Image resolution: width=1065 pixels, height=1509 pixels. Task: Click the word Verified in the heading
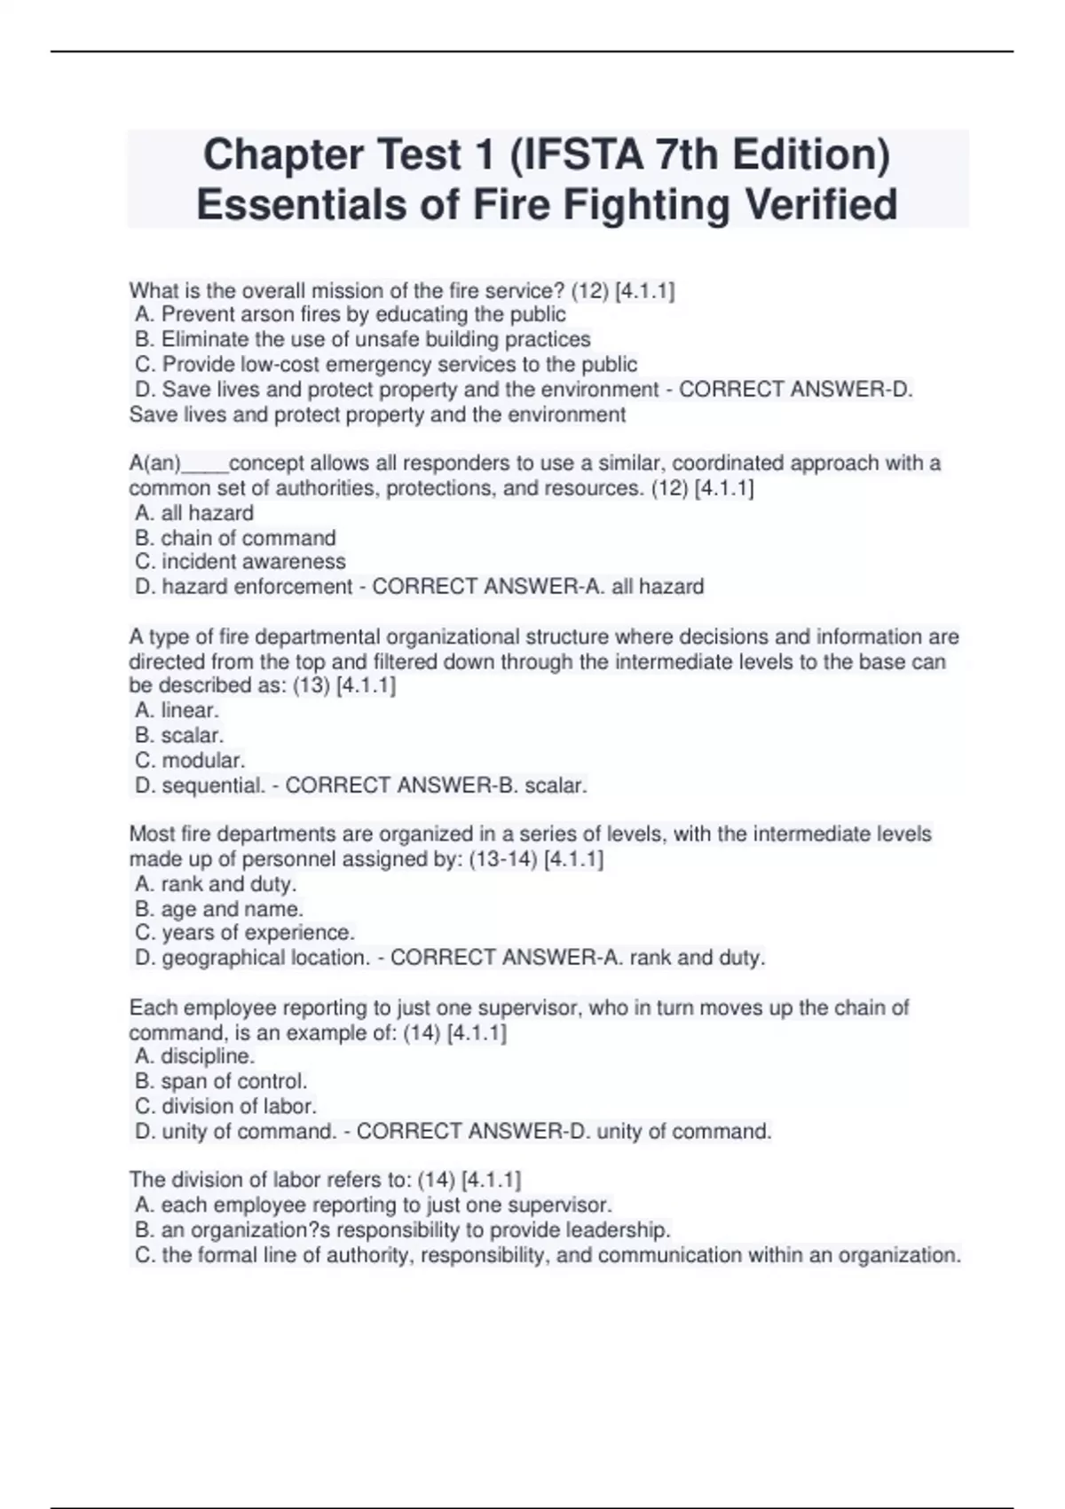click(820, 205)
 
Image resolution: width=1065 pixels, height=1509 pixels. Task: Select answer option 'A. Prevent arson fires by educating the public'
click(351, 315)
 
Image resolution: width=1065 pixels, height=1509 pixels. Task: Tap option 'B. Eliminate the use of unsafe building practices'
click(363, 340)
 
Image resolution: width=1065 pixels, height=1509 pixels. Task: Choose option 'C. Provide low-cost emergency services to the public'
click(386, 365)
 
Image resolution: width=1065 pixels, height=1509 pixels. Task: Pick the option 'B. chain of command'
click(235, 539)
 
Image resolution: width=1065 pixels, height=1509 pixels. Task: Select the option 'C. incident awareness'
click(241, 562)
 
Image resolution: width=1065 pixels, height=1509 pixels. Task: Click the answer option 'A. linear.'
click(177, 711)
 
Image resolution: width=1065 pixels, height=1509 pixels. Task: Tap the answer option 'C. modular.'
click(190, 761)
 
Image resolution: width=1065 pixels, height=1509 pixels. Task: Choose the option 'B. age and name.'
click(219, 910)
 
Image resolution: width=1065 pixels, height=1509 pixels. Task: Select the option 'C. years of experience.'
click(245, 933)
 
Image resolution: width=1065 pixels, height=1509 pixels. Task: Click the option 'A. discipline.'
click(195, 1056)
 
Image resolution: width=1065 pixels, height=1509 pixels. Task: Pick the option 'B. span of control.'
click(221, 1082)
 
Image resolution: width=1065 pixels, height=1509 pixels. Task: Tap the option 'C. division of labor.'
click(226, 1107)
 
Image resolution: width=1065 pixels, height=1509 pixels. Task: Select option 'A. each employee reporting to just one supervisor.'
click(374, 1205)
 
